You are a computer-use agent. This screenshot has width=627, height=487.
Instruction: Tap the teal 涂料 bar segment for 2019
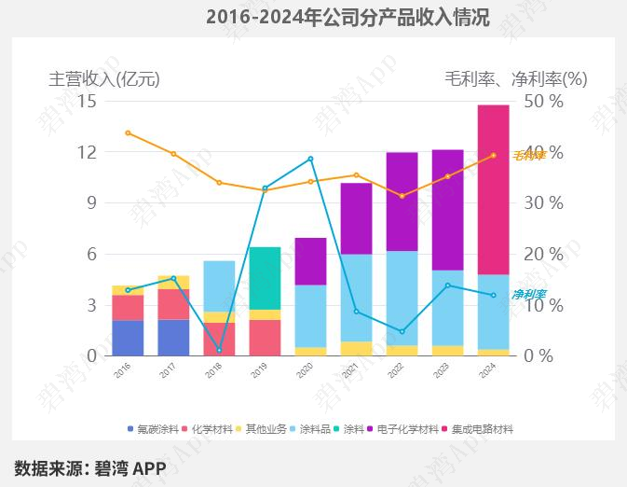click(265, 278)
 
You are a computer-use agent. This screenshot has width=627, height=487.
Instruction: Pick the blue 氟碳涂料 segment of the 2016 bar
click(128, 338)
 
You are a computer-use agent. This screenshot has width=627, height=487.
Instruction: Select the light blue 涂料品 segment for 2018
click(219, 285)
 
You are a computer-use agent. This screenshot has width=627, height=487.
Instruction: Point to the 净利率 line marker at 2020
click(310, 159)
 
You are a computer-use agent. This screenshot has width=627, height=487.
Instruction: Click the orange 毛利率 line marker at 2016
click(128, 132)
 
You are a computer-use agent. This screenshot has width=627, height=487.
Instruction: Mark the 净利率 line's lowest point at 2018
click(219, 351)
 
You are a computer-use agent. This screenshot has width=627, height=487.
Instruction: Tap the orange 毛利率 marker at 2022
click(402, 196)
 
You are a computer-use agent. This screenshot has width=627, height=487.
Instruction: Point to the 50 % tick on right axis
click(543, 101)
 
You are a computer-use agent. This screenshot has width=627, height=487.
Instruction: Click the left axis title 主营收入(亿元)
click(104, 79)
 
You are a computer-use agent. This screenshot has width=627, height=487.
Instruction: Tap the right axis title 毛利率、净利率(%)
click(516, 79)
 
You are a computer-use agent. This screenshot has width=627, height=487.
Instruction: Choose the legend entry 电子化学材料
click(410, 429)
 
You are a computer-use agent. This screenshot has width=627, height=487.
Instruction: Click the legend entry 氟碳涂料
click(155, 429)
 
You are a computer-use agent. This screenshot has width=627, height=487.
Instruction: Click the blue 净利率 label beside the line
click(528, 295)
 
